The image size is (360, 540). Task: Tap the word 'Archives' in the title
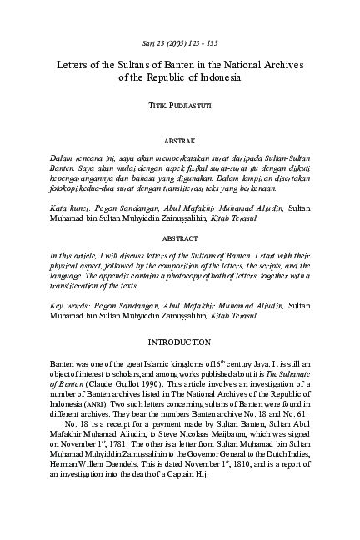pos(280,64)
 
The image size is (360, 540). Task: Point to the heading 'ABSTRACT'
pos(180,237)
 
